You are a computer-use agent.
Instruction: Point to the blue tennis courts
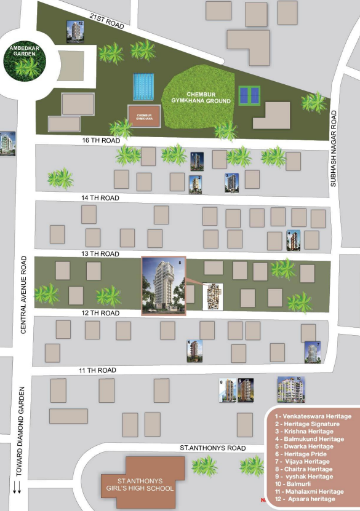250,95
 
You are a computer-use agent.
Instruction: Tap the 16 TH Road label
100,140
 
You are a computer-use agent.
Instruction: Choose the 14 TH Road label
100,198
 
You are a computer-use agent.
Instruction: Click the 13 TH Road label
100,254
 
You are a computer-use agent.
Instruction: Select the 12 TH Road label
100,313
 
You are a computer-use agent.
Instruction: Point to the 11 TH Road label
98,370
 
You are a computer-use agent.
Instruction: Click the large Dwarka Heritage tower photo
164,286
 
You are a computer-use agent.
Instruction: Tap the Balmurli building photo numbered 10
290,389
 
